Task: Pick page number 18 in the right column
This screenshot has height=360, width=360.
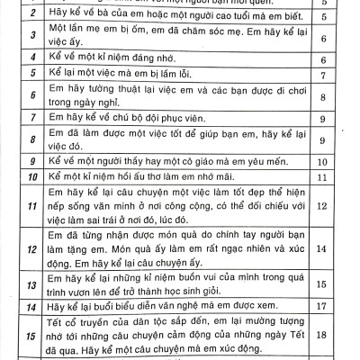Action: point(347,334)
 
